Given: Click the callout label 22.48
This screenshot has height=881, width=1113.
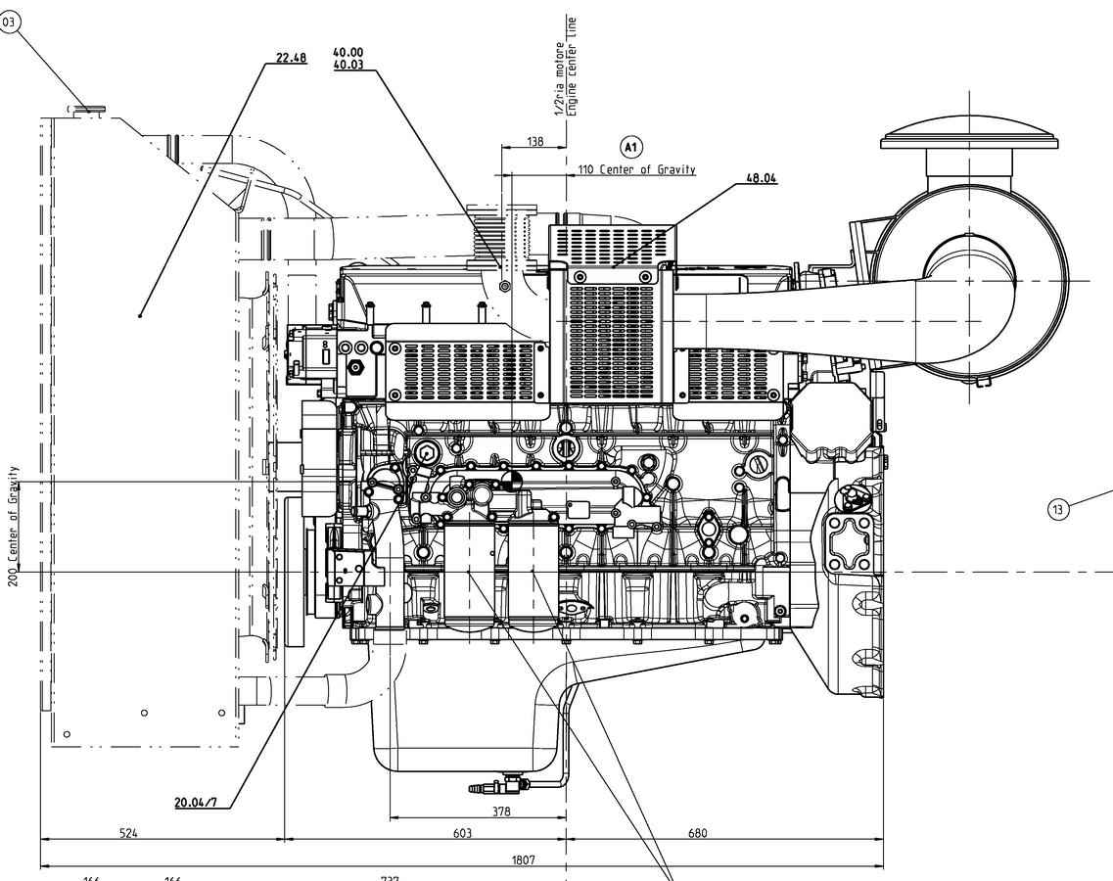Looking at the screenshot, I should (x=291, y=58).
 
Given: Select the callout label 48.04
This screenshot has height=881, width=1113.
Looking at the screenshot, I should (x=761, y=178).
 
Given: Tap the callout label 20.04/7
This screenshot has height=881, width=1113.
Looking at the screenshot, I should (x=196, y=803).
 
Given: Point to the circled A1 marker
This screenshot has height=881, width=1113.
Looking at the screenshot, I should (x=631, y=148).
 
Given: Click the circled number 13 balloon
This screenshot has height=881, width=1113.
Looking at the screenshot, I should (x=1057, y=509).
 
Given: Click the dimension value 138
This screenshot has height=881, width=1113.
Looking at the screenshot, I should (x=534, y=142).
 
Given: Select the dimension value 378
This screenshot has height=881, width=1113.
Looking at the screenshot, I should (x=500, y=811).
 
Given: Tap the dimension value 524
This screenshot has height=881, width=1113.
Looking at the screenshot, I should (x=128, y=833).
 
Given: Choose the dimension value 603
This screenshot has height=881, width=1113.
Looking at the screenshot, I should (x=462, y=833).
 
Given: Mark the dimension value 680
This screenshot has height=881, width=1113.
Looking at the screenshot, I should (x=697, y=833).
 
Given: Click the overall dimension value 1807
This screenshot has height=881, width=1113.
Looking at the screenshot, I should (x=524, y=860).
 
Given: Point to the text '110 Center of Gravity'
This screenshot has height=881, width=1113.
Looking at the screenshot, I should (x=636, y=169).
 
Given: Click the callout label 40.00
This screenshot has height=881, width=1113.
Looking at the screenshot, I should (x=348, y=52).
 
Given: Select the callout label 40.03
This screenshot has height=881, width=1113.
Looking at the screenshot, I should (x=348, y=65).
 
